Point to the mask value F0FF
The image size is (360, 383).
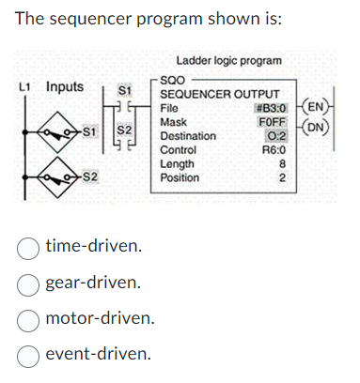click(274, 122)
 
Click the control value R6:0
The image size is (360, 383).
click(274, 149)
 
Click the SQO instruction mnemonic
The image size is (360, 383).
click(173, 82)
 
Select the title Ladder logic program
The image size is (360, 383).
click(228, 60)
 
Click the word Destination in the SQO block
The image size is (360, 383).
click(188, 136)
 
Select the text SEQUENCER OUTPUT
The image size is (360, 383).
click(220, 95)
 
